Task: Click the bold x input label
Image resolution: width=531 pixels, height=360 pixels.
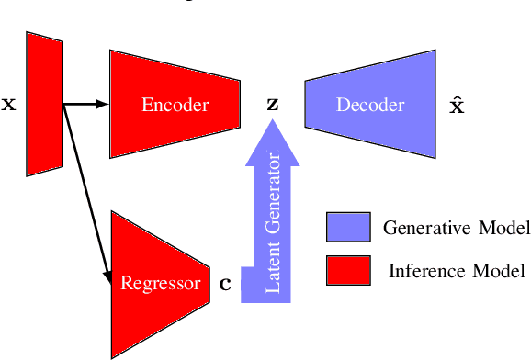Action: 9,105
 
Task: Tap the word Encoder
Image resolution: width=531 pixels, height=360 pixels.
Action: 175,105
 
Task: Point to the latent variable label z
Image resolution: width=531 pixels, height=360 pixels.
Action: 272,105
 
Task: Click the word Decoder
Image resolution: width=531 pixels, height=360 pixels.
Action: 369,105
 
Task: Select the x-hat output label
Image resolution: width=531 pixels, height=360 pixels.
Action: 456,104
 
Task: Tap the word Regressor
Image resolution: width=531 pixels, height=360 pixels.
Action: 160,283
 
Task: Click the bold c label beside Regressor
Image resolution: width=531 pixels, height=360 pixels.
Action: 225,284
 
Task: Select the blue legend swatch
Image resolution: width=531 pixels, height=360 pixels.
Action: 347,227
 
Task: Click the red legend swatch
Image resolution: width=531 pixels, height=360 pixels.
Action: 347,270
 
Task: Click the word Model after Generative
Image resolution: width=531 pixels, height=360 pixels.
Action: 500,228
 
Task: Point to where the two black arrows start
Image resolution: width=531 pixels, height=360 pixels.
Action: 64,104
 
